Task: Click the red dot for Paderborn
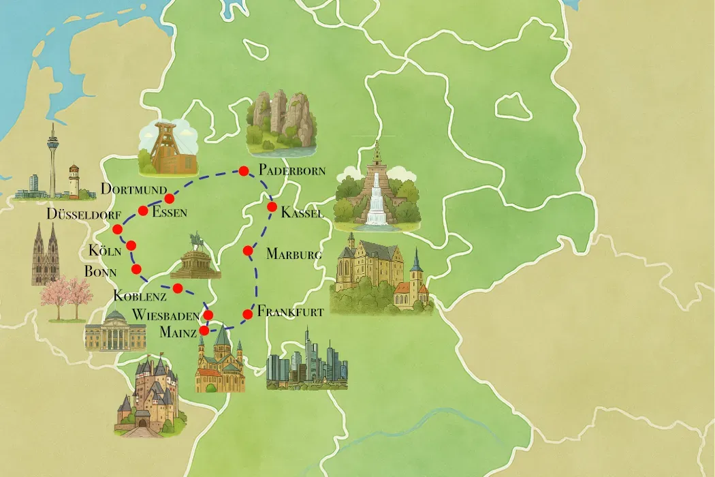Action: point(242,171)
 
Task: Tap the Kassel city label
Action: point(302,213)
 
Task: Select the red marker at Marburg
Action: point(248,251)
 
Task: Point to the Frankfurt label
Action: point(290,311)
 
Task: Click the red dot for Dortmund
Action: point(170,198)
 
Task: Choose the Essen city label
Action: point(170,212)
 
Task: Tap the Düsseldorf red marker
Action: point(117,228)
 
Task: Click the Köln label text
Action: point(104,250)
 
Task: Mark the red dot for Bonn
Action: point(136,268)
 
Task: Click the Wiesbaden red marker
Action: point(208,315)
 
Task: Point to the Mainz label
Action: point(178,332)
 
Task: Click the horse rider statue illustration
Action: point(196,258)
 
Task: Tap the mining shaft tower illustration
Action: point(167,149)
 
